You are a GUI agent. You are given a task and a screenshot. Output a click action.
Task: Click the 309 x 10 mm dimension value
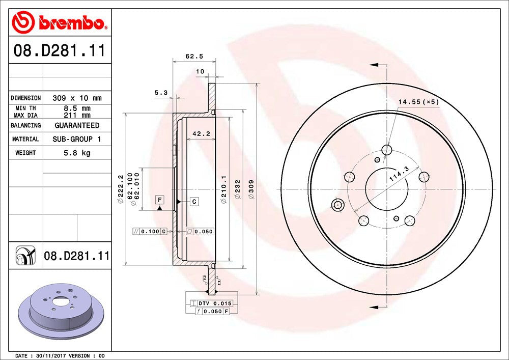tap(77, 98)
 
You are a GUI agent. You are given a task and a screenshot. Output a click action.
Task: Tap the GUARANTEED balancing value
tap(77, 125)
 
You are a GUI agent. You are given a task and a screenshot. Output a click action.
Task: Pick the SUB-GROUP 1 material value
tap(77, 139)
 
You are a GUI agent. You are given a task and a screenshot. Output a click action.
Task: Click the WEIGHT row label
tap(25, 153)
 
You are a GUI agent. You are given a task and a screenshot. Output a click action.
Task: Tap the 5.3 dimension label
tap(161, 93)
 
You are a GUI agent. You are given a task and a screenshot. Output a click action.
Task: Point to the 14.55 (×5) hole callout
tap(418, 102)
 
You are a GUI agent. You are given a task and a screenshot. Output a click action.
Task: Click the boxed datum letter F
tap(160, 199)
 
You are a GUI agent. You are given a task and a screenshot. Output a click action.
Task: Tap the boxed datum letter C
tap(194, 202)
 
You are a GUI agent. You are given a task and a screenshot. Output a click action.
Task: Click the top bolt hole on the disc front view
tap(387, 150)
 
